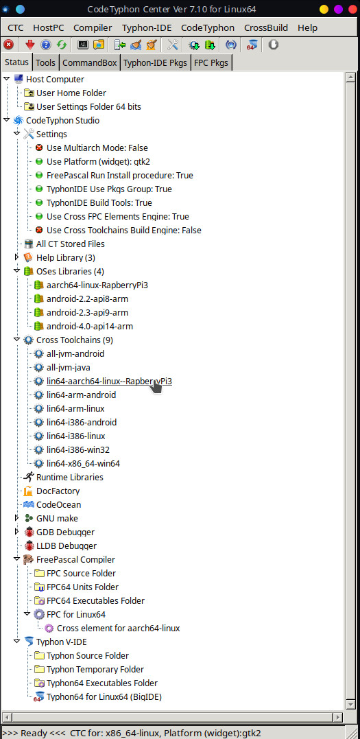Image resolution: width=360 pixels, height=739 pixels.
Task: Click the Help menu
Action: tap(307, 28)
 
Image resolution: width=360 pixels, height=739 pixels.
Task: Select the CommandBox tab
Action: tap(90, 62)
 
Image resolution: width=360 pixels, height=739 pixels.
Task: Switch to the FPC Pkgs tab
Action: tap(212, 62)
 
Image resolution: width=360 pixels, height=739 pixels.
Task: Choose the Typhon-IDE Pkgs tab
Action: tap(156, 62)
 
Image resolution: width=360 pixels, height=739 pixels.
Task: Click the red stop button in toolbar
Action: tap(8, 45)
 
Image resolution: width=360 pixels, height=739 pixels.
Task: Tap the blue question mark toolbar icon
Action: tap(46, 45)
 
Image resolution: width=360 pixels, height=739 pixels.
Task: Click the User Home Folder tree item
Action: tap(71, 93)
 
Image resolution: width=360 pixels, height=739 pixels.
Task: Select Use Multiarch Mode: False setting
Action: tap(97, 148)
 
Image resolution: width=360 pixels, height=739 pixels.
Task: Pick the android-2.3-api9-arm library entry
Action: tap(87, 312)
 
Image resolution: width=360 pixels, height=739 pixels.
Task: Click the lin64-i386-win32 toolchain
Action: tap(77, 449)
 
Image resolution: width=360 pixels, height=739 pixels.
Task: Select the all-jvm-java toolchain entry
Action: tap(69, 367)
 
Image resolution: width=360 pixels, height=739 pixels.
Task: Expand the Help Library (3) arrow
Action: tap(17, 257)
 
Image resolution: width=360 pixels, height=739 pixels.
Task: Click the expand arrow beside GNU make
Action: tap(17, 518)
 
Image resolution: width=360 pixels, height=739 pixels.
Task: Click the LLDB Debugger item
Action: tap(67, 546)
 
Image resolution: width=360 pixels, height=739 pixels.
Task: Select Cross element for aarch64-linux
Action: tap(118, 629)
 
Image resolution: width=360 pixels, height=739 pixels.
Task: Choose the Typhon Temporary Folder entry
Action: tap(95, 669)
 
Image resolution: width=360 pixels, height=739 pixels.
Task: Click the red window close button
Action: tap(352, 9)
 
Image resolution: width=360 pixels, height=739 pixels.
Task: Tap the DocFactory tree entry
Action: tap(58, 491)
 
